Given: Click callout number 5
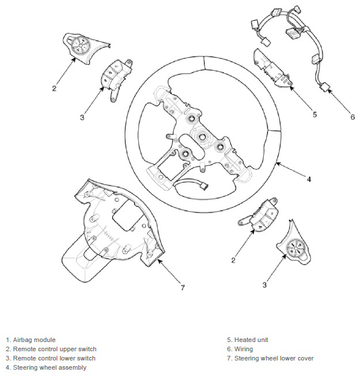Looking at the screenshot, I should pos(314,114).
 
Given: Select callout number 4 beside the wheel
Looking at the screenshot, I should pos(309,179).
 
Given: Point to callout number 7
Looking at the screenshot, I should pos(183,287).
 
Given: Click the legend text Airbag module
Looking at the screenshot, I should pos(31,340).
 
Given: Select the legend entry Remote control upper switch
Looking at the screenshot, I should pos(51,349).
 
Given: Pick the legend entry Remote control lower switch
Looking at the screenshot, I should pos(51,358).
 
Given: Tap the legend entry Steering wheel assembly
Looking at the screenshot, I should pos(46,367).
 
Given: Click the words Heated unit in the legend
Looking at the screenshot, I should pos(247,340).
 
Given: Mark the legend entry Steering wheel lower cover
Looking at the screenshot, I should pos(270,358).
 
